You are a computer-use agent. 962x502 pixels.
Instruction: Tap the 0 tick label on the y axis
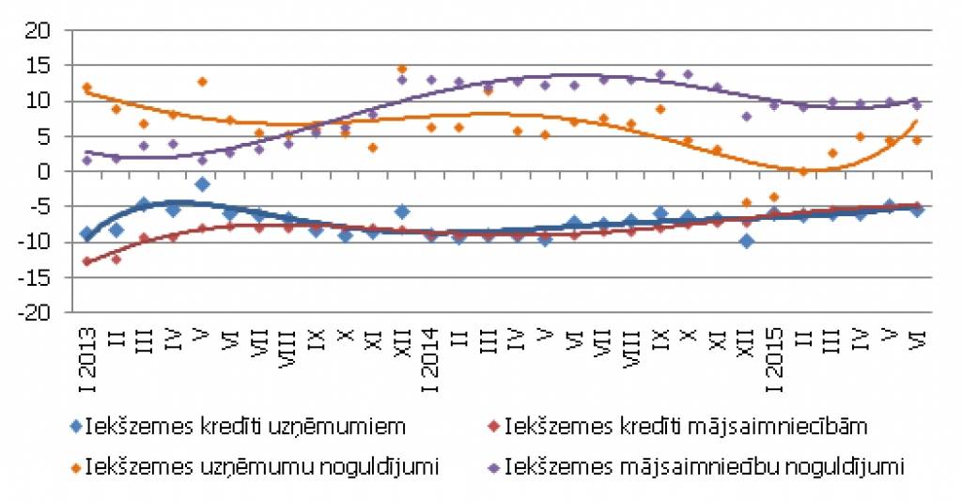coord(42,172)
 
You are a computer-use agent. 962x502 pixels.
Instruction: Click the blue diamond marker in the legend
coord(75,427)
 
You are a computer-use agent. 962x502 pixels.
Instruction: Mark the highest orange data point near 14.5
coord(402,69)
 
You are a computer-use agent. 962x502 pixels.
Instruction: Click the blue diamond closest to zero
coord(202,184)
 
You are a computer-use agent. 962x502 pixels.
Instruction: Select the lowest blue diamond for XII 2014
coord(747,241)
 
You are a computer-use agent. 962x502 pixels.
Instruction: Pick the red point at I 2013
coord(87,261)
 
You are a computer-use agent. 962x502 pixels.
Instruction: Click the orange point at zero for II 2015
coord(803,171)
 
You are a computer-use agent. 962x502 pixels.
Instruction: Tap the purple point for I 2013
coord(87,160)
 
